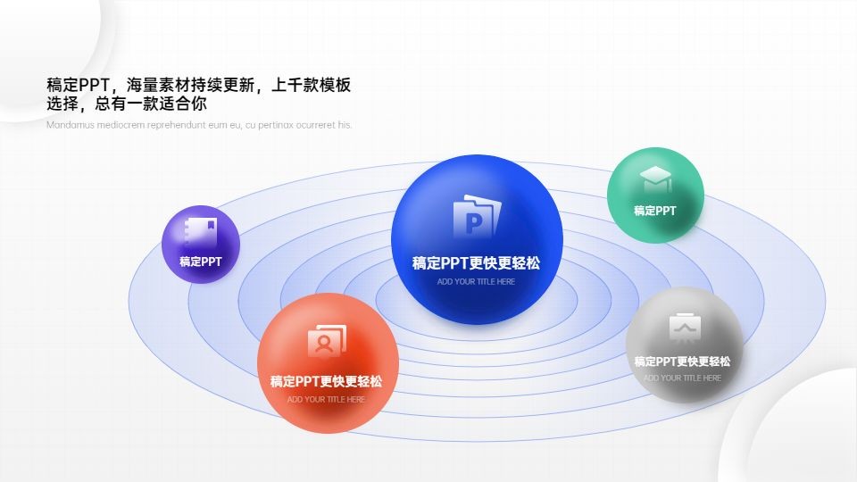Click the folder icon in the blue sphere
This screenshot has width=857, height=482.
pos(477,216)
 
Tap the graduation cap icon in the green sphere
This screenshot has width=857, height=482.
pos(655,179)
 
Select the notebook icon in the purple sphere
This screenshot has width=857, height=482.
pos(201,233)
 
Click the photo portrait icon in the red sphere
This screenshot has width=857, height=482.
pos(327,341)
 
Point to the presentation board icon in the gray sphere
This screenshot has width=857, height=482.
pos(685,328)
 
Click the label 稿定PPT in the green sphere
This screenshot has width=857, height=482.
pos(654,211)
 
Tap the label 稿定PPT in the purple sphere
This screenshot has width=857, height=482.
pos(201,262)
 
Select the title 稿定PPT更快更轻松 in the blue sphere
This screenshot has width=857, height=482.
pos(476,263)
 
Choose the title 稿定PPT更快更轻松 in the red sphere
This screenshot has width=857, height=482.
pos(327,381)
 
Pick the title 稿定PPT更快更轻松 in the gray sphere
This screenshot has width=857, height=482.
pos(682,361)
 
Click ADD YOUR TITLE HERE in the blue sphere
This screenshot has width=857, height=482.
pos(476,282)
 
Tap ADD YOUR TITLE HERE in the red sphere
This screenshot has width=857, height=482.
pos(326,400)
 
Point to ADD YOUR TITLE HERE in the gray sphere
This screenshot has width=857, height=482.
pos(682,378)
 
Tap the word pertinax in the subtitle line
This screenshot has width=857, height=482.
pos(276,126)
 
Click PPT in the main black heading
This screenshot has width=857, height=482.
pos(94,86)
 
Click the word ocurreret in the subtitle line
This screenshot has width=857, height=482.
pos(316,125)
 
